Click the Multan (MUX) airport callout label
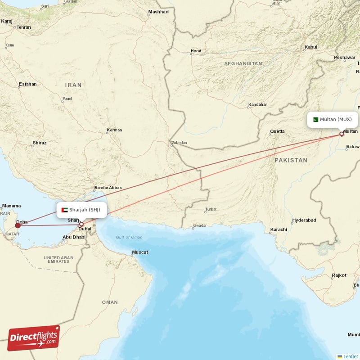click(333, 120)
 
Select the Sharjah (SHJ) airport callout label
click(81, 210)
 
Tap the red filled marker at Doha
click(18, 225)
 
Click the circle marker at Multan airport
click(342, 134)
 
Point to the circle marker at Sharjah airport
click(81, 224)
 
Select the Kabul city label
click(311, 47)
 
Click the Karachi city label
click(279, 229)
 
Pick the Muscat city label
click(139, 252)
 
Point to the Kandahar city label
click(257, 105)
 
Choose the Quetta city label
click(277, 131)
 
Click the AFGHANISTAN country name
click(243, 64)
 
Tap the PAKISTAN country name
click(291, 160)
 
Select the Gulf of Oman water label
click(129, 237)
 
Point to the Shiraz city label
click(39, 143)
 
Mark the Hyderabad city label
click(304, 220)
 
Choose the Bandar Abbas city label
click(108, 188)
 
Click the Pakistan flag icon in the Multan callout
click(315, 120)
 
